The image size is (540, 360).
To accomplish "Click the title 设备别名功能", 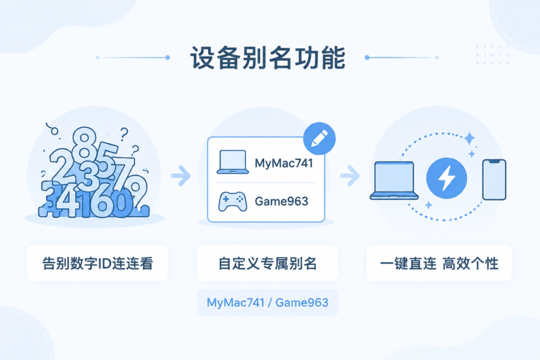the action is point(267,57).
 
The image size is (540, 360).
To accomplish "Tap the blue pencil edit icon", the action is point(319,138).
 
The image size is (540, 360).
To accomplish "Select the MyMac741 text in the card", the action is point(284,163).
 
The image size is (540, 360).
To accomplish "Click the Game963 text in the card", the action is point(281,201).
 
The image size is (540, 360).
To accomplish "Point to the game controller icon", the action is point(232,201).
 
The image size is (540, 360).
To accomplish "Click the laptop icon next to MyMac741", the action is point(233,161).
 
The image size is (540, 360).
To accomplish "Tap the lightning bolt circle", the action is point(446,178).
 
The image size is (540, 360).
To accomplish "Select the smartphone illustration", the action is point(494,179).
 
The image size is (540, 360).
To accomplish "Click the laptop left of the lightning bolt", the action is point(394,180).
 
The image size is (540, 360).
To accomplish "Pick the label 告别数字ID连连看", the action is point(97,263).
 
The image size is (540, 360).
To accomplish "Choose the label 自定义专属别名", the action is point(267,263).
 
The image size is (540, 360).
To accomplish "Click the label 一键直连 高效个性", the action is point(439,263).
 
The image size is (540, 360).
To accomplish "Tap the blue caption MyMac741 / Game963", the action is point(267,302).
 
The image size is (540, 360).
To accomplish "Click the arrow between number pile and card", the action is point(181,175).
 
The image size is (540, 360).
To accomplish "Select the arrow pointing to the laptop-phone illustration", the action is point(350,175).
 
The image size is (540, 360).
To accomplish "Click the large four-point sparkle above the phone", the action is point(469,138).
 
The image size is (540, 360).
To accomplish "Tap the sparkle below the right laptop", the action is point(428,205).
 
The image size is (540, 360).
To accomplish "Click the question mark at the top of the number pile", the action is point(124,134).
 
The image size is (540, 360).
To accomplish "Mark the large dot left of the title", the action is point(167,57).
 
